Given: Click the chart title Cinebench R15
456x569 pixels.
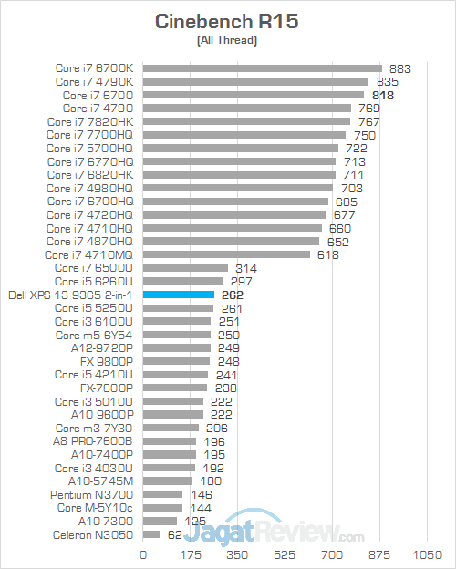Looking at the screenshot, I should click(227, 21).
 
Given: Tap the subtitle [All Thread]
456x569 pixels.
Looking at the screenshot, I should click(227, 41).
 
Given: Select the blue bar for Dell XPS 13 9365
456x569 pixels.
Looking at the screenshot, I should click(178, 295).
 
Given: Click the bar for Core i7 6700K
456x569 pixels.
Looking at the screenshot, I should click(262, 67).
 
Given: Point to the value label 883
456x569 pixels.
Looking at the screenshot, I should click(400, 67).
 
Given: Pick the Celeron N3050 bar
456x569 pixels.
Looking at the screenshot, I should click(150, 534).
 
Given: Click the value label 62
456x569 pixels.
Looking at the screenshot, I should click(174, 534).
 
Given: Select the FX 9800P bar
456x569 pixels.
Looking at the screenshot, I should click(175, 361).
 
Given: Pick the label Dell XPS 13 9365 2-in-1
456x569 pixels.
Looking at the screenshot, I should click(70, 295).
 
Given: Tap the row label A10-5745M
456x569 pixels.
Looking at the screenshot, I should click(100, 481).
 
